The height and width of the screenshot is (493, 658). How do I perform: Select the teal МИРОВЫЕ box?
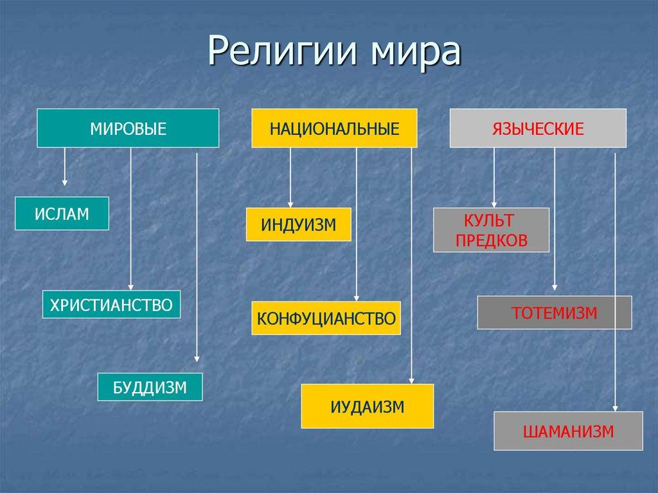point(128,128)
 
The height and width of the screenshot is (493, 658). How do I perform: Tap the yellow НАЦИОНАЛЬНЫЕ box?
point(334,128)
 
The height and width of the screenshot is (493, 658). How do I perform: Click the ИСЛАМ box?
point(62,213)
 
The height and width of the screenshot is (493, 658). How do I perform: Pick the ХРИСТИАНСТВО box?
point(111,304)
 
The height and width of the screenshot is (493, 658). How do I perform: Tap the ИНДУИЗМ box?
point(298,224)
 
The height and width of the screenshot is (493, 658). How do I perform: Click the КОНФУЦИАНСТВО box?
point(326,318)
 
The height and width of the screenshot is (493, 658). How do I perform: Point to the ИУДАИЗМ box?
point(368,406)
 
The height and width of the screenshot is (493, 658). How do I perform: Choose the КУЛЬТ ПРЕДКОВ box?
point(492,230)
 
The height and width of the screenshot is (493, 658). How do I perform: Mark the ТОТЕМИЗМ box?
point(554,312)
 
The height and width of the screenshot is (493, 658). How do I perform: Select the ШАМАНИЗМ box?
point(568,431)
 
